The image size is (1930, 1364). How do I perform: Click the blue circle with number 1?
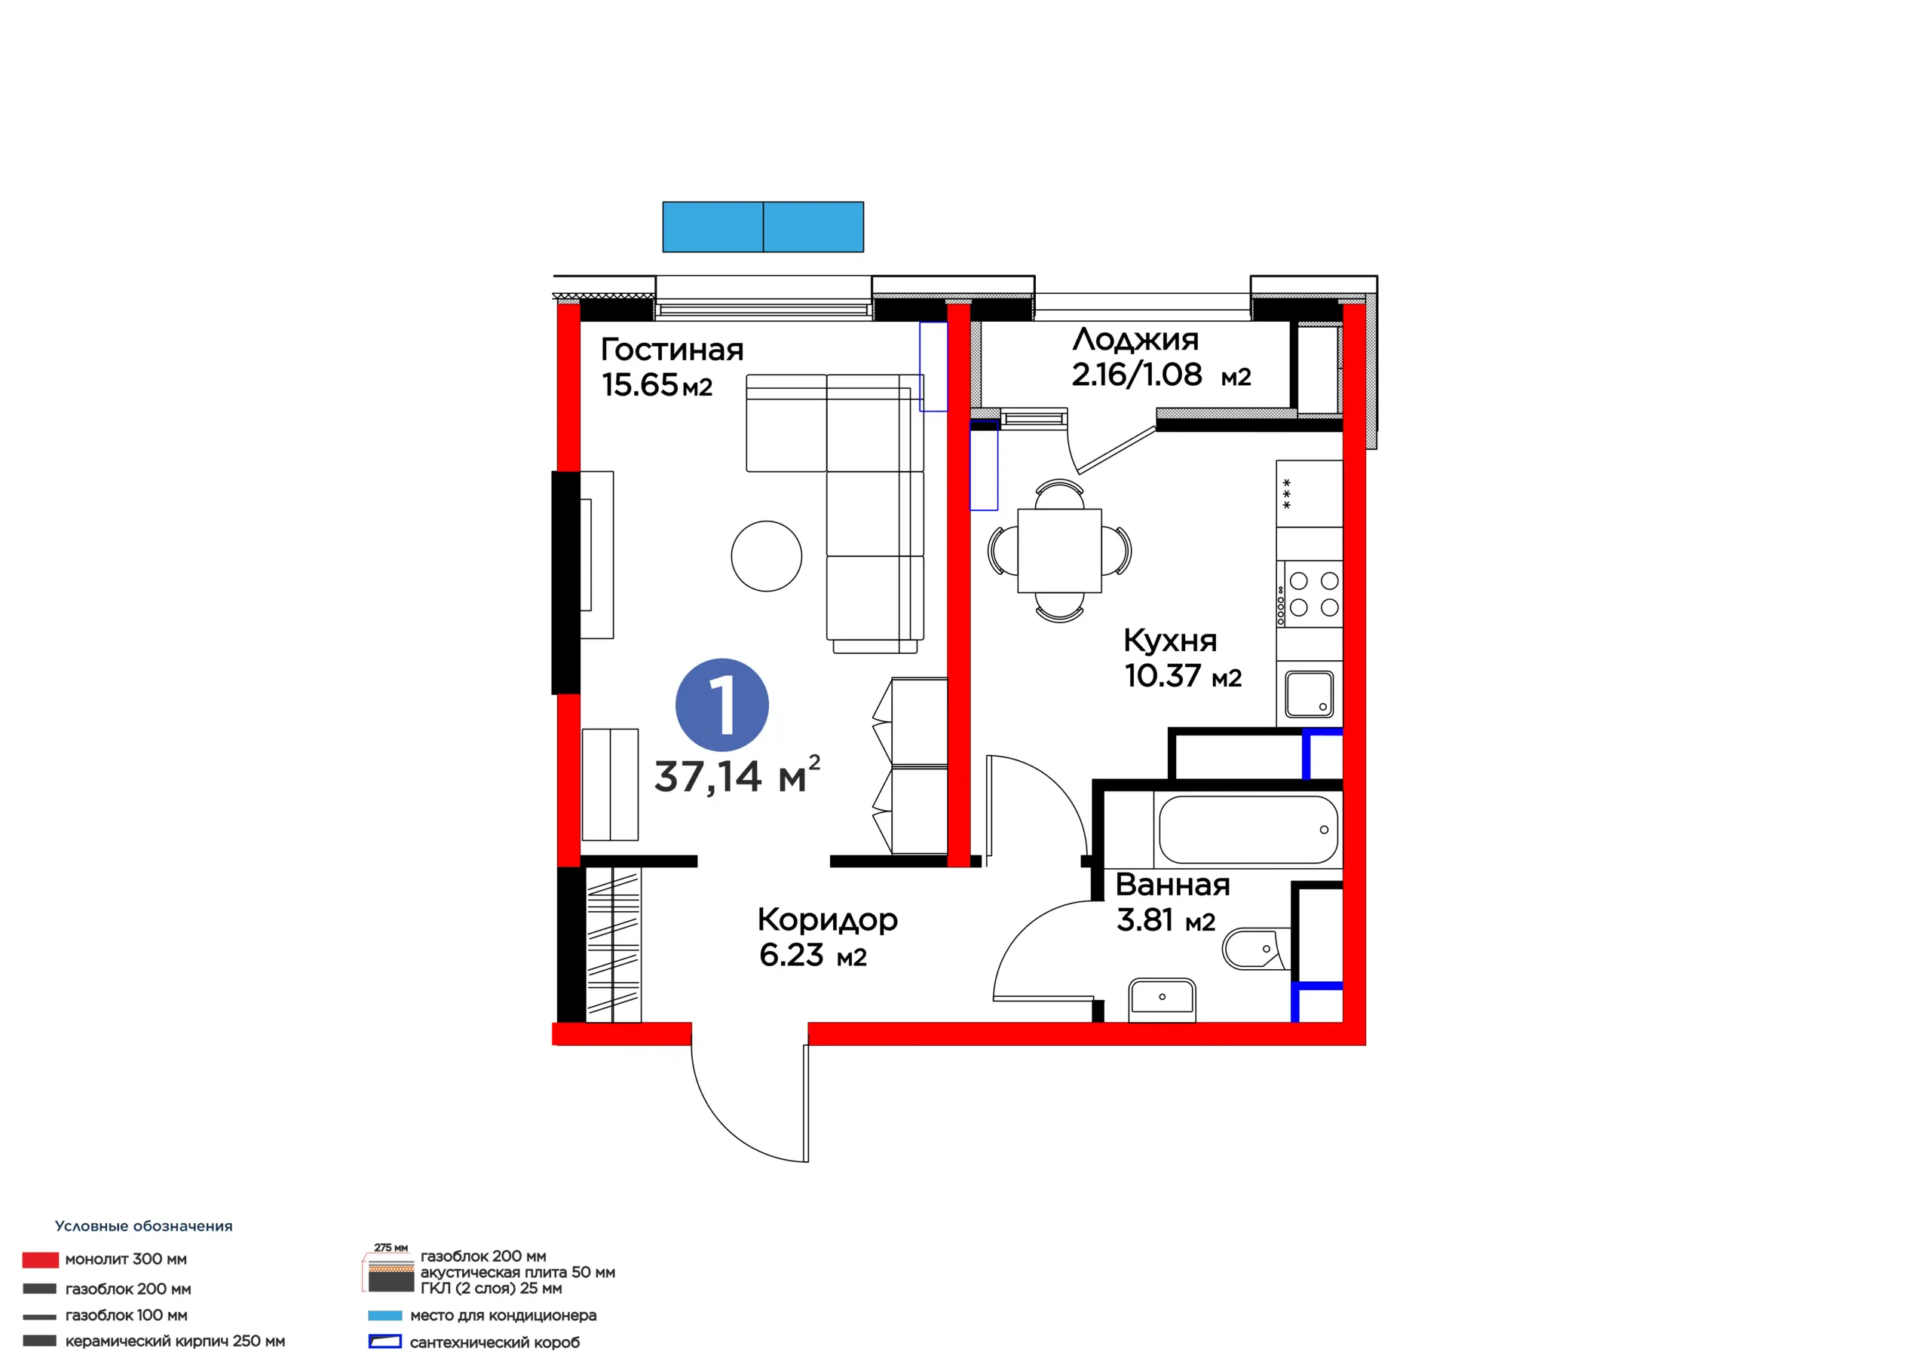pos(722,705)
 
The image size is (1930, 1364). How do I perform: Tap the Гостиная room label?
pos(672,350)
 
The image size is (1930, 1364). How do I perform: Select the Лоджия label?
pos(1135,341)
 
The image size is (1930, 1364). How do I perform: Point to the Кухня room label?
pos(1170,641)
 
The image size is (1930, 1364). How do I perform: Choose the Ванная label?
pos(1172,885)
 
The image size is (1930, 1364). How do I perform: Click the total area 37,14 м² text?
pos(737,775)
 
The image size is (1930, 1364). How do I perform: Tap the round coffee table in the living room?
pos(767,555)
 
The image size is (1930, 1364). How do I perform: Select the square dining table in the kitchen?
pos(1059,550)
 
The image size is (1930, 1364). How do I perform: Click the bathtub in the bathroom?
pos(1248,830)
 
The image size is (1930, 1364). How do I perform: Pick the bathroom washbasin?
pos(1162,999)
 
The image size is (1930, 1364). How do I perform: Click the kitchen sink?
pos(1310,694)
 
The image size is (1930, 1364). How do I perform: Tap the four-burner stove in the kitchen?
pos(1310,594)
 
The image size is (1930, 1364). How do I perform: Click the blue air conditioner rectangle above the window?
pos(763,227)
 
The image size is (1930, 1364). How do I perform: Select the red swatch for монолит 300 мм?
pos(41,1260)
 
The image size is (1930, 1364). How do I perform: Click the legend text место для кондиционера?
pos(504,1315)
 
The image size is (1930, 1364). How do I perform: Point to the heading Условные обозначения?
pos(144,1226)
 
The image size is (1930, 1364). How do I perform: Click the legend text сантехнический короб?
pos(495,1342)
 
